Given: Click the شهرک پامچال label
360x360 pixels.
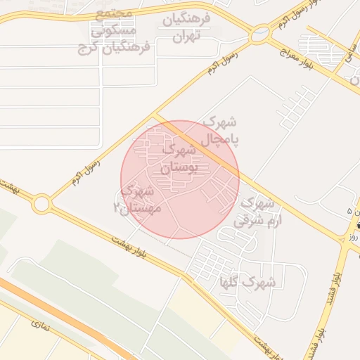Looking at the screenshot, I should click(220, 131).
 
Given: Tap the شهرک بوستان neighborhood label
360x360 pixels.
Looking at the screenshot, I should click(181, 159).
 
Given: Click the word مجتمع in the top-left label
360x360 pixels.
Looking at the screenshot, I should click(112, 14).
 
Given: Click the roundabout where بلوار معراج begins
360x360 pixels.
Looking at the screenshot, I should click(261, 32).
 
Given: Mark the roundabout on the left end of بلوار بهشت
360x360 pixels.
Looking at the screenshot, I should click(41, 204).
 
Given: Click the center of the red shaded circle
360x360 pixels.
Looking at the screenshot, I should click(180, 179).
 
